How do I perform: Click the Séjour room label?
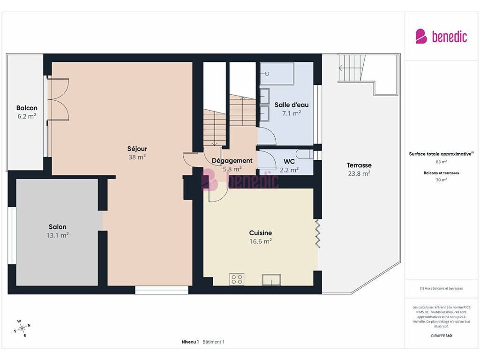[137, 149]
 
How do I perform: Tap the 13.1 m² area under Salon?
[58, 235]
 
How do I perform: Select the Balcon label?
[27, 108]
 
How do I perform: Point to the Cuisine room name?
[261, 232]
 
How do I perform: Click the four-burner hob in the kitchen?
[237, 279]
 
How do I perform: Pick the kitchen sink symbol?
[271, 280]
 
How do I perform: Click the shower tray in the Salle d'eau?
[277, 74]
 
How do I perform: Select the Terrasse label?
[359, 165]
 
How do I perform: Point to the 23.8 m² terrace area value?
[359, 173]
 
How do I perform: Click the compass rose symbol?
[22, 329]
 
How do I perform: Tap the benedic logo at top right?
[441, 37]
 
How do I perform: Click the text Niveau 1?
[190, 342]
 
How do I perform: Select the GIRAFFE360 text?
[441, 336]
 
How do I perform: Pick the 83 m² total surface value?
[441, 162]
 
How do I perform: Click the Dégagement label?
[232, 161]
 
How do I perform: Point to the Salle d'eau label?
[292, 105]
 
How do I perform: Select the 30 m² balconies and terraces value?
[441, 180]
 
